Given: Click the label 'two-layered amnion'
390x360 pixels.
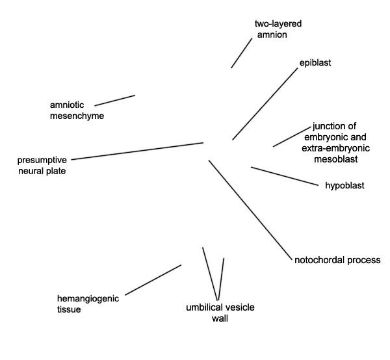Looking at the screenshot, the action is [278, 29].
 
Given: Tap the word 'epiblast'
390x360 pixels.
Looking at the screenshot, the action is [315, 62].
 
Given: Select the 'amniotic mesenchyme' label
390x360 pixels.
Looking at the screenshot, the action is [77, 110].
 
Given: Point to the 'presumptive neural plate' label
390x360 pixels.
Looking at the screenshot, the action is [42, 166].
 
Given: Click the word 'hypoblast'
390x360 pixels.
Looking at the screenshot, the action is [344, 185].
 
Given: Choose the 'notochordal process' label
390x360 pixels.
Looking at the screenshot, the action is [337, 260].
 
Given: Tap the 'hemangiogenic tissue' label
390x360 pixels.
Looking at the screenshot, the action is [88, 304].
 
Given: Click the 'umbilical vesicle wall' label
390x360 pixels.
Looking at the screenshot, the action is [220, 313].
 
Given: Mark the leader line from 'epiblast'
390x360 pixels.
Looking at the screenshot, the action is [265, 104].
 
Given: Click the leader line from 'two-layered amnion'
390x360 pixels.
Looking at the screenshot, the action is [242, 53].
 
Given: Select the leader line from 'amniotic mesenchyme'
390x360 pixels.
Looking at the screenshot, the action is [115, 101].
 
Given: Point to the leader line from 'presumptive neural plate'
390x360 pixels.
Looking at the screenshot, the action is [137, 151].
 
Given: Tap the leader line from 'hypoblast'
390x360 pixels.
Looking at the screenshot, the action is [285, 176].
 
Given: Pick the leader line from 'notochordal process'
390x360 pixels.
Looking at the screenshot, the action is [250, 210].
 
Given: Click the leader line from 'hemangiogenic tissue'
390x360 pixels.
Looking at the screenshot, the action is [153, 280].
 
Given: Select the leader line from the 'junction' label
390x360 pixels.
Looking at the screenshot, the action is [292, 136].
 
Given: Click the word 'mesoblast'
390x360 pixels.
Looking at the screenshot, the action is [336, 159].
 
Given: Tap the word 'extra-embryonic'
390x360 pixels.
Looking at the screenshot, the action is [336, 148].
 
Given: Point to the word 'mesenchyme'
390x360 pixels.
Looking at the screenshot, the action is [77, 116].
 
